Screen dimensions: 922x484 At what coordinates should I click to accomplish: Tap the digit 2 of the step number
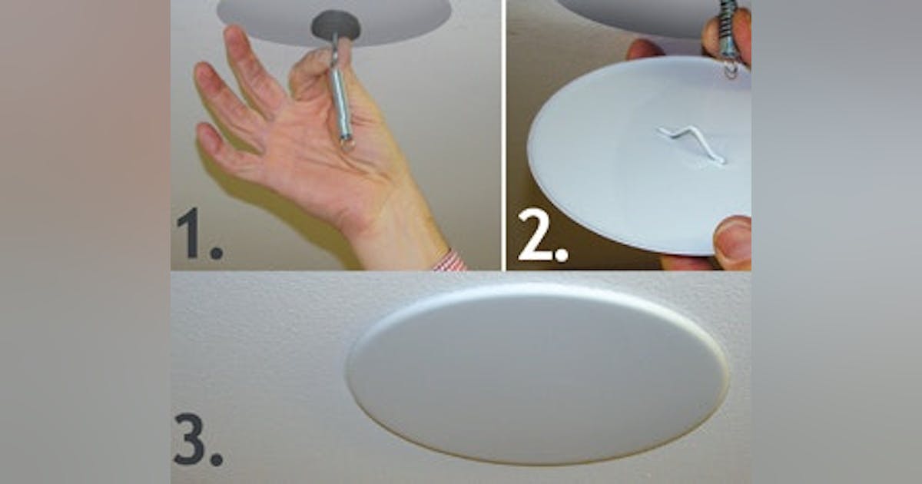534,235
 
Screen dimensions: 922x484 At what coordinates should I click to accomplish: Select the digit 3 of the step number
189,439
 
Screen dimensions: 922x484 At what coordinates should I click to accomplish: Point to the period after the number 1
217,252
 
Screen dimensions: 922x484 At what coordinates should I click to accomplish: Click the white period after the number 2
562,255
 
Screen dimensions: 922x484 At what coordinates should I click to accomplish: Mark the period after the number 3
216,459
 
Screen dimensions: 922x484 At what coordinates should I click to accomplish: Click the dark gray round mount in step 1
336,25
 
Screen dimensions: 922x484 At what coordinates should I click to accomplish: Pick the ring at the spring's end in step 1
347,143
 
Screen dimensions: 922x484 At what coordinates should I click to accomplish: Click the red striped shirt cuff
449,260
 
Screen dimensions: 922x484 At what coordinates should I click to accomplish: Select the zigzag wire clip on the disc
691,145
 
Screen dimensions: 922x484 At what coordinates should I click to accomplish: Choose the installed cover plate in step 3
537,373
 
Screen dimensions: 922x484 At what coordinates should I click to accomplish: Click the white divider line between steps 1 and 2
503,135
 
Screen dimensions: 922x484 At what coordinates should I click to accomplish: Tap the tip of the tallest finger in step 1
233,34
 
